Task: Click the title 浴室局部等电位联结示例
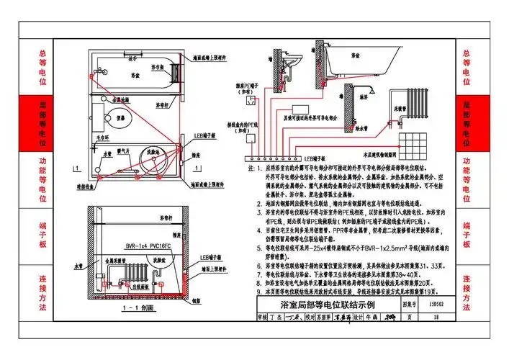[x=317, y=305]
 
